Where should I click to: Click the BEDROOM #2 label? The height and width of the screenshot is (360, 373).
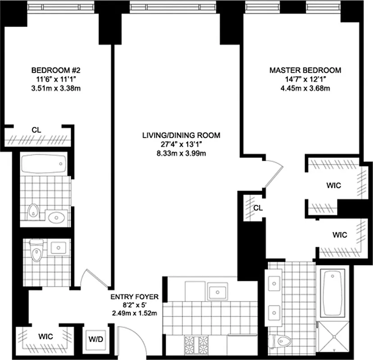tap(55, 70)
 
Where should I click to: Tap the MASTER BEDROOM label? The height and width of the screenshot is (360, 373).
tap(305, 70)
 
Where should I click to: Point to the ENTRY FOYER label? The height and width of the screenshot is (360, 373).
tap(135, 297)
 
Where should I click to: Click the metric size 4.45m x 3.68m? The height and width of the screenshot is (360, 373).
tap(305, 88)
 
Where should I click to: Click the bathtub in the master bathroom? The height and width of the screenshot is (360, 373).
tap(334, 292)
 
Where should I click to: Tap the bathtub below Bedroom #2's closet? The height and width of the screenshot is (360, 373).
tap(44, 164)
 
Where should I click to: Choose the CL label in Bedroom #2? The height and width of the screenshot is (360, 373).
tap(37, 130)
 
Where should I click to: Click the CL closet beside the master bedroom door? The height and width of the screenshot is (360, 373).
tap(257, 207)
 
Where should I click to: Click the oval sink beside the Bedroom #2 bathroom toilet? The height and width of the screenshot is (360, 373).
tap(56, 218)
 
